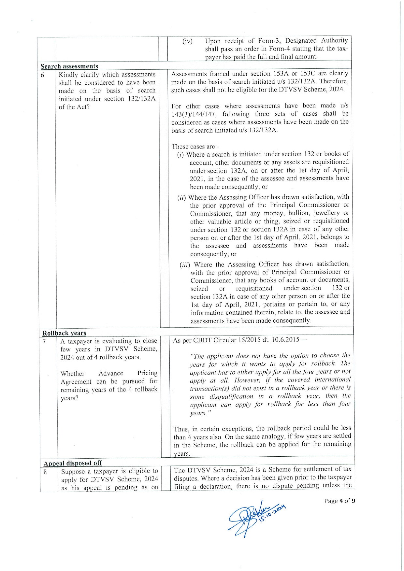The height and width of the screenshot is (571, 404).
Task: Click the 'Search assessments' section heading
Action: tap(69, 66)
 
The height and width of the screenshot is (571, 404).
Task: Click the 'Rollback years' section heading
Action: tap(64, 333)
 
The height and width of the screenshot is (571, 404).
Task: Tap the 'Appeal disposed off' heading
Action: tap(73, 463)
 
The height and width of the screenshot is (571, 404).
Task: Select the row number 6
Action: tap(43, 75)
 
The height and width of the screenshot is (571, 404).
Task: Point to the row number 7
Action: tap(44, 341)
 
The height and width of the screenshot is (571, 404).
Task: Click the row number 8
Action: tap(45, 471)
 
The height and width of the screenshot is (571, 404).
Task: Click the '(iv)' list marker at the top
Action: tap(187, 41)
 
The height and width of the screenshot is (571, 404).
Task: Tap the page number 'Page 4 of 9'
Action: tap(339, 501)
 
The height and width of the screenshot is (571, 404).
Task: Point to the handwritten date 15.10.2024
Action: tap(272, 514)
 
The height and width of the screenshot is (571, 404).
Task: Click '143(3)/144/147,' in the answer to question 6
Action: tap(193, 114)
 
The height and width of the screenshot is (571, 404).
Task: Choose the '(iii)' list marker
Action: tap(185, 264)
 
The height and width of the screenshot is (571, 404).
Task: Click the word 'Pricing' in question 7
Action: tap(147, 373)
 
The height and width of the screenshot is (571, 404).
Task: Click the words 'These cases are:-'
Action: tap(195, 146)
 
